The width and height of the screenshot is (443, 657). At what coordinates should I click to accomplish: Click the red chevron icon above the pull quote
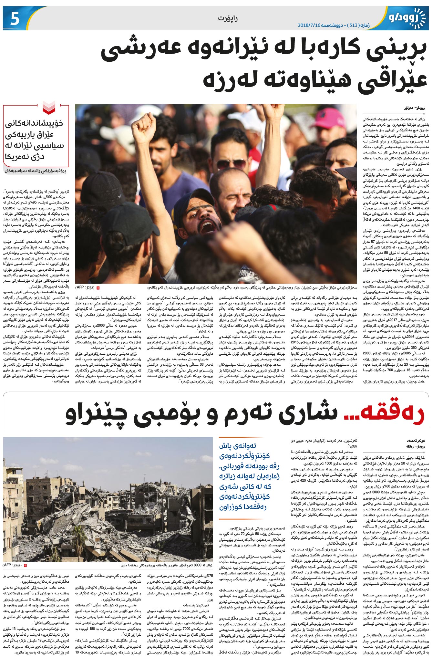[x=49, y=108]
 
